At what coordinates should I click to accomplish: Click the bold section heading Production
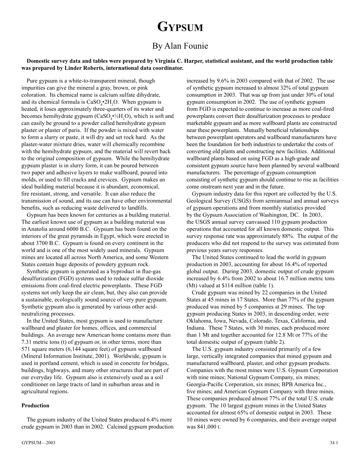click(35, 406)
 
